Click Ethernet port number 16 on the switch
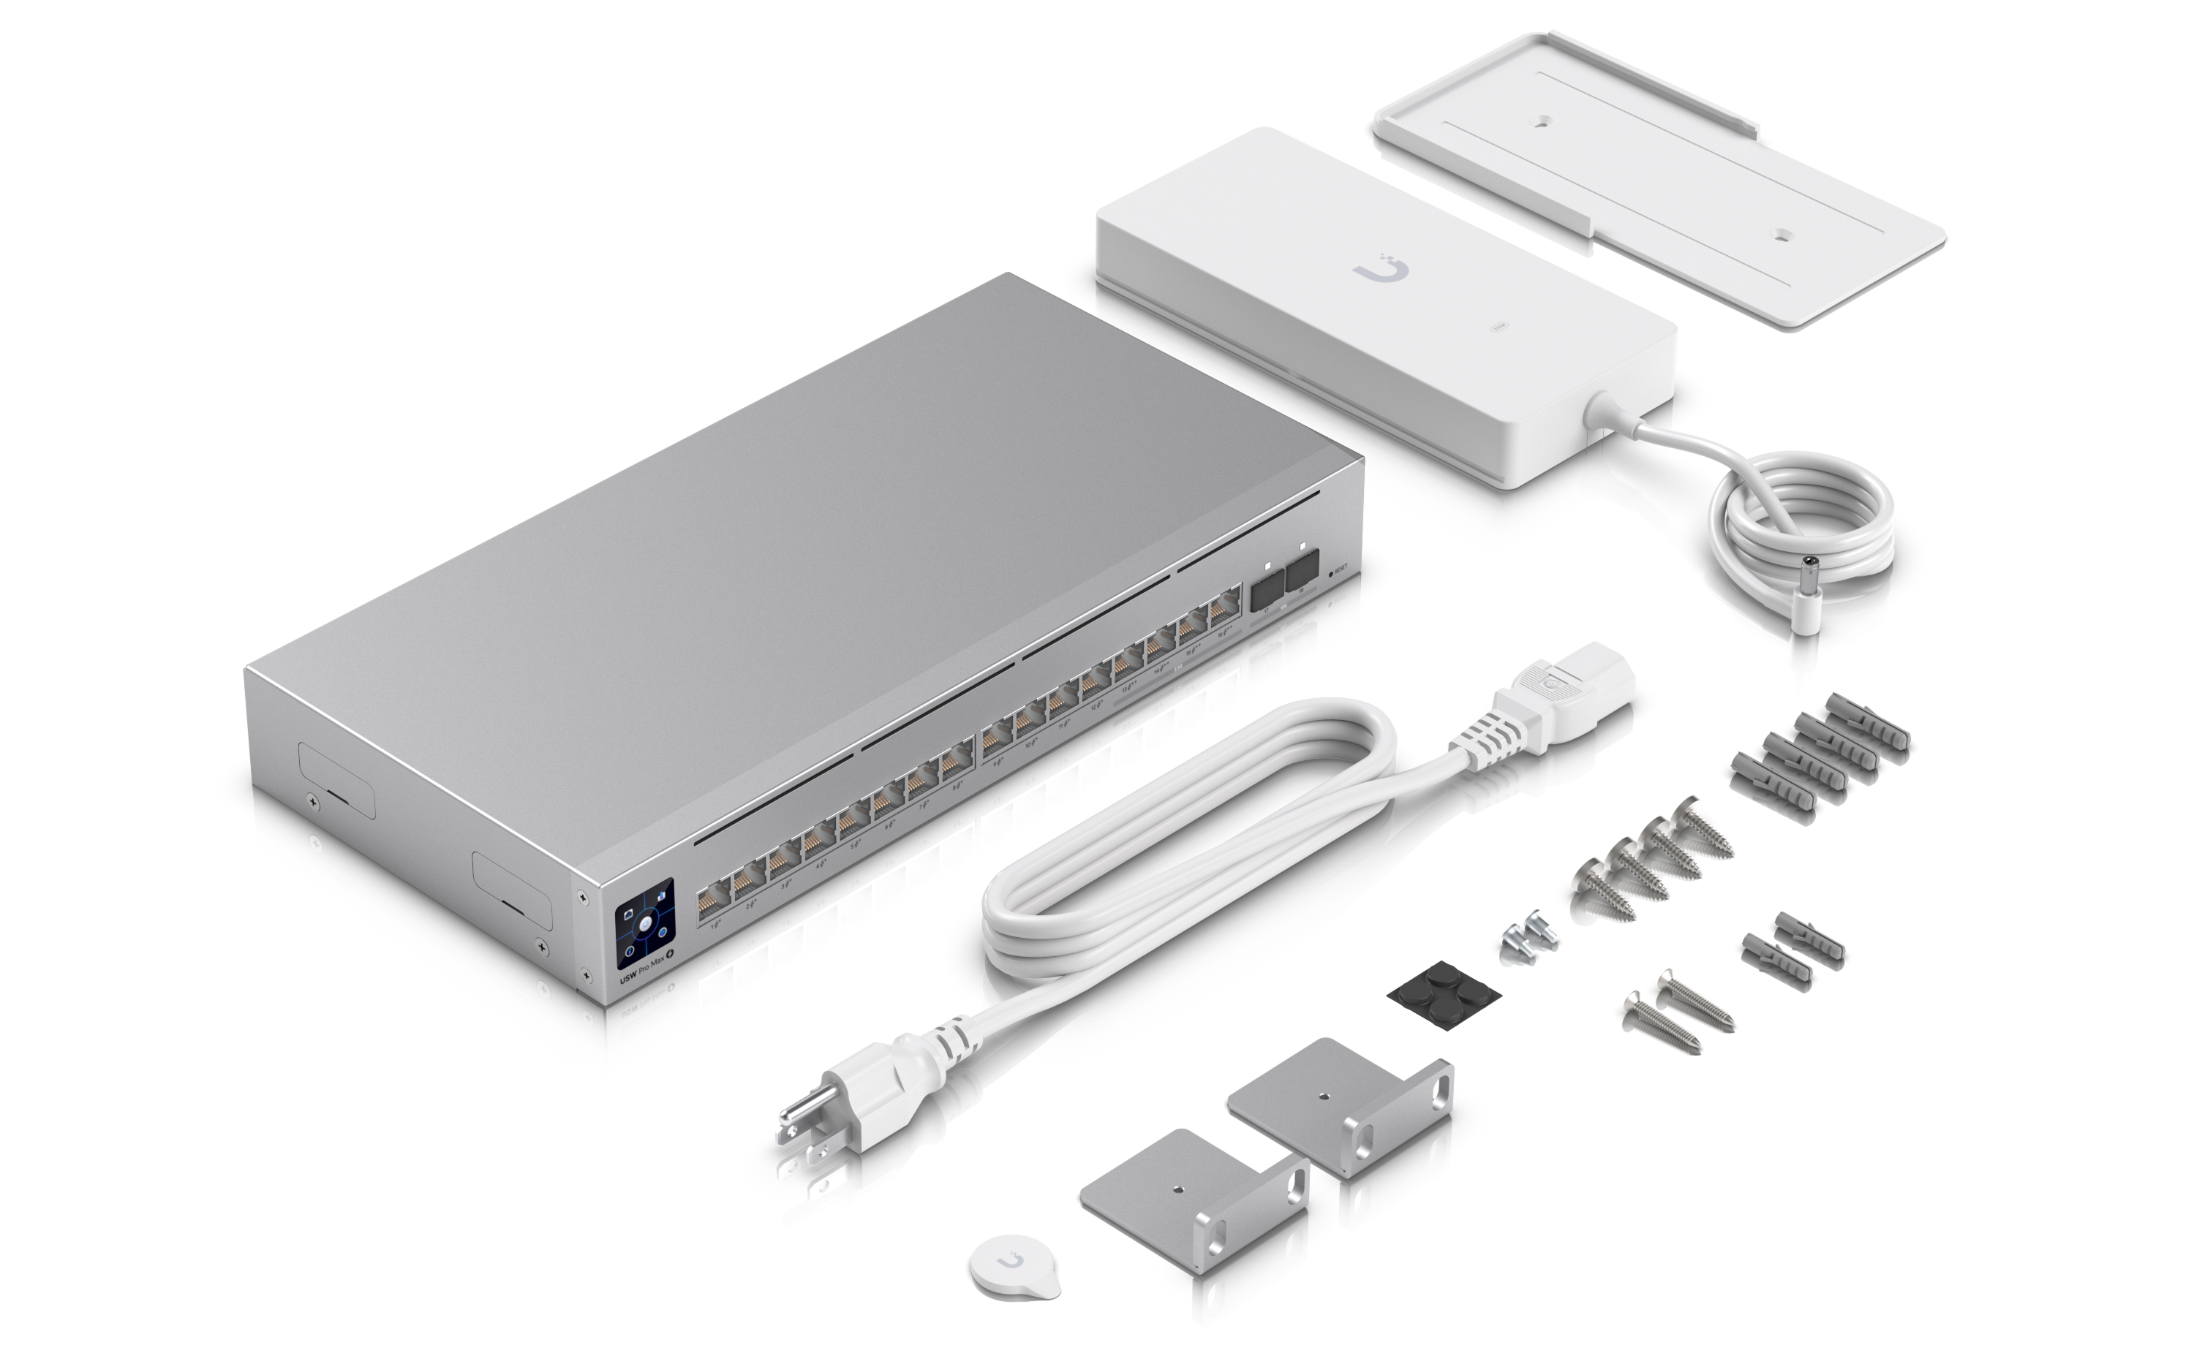[x=1223, y=613]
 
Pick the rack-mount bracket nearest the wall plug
[x=1193, y=1206]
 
